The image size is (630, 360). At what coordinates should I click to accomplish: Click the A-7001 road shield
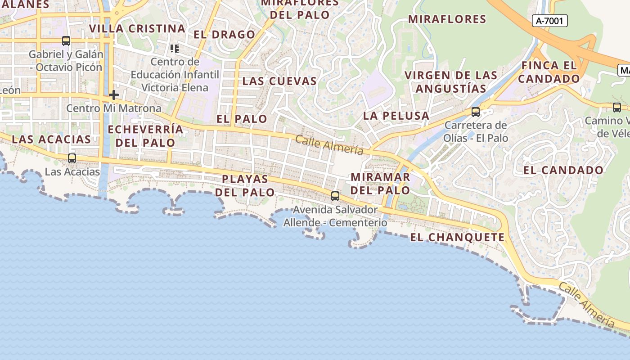click(549, 21)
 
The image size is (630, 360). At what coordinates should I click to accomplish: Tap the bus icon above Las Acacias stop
click(72, 158)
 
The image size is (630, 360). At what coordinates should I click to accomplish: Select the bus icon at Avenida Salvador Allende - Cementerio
click(335, 196)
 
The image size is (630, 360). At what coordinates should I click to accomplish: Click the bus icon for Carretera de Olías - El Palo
click(475, 112)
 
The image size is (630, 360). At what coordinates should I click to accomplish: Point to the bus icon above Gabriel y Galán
click(66, 41)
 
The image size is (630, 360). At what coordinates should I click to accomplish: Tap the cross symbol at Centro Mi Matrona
click(114, 95)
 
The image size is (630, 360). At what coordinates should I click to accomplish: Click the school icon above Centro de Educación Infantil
click(175, 48)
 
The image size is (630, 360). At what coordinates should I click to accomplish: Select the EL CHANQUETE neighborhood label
click(457, 237)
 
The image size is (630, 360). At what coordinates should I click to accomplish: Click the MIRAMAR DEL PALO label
click(380, 184)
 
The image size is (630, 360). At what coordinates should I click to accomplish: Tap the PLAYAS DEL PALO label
click(245, 185)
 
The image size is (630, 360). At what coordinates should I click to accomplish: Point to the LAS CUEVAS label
click(279, 81)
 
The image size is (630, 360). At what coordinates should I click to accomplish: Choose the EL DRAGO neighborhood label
click(224, 35)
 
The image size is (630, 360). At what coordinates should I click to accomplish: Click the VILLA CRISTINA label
click(137, 29)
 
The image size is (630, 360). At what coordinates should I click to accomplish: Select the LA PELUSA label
click(396, 116)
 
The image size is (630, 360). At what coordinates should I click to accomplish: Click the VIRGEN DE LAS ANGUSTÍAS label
click(451, 81)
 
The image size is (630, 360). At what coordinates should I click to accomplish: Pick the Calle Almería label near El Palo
click(329, 144)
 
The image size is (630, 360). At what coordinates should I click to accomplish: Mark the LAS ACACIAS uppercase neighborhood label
click(51, 139)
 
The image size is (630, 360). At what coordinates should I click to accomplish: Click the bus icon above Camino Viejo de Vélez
click(616, 108)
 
